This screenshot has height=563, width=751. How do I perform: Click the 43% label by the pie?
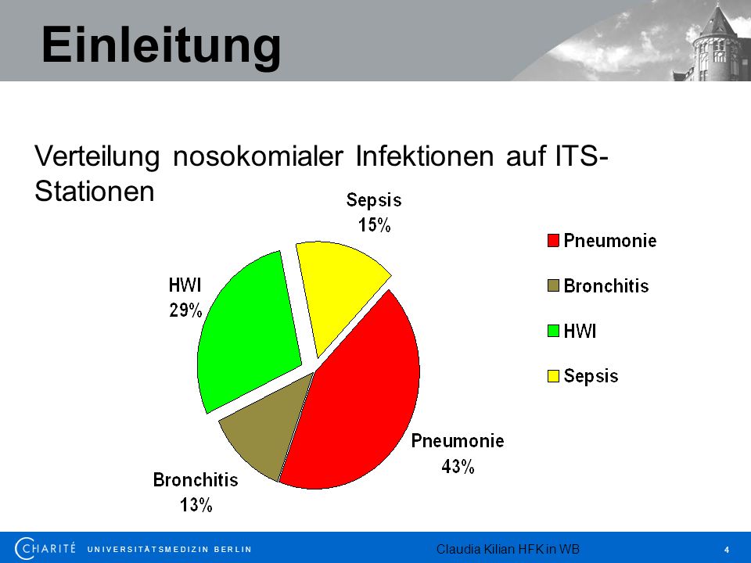click(x=458, y=466)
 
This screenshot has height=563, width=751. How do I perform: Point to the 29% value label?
click(x=186, y=310)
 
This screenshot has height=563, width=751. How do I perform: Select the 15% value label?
click(x=375, y=224)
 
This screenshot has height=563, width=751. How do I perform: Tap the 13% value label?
click(x=196, y=504)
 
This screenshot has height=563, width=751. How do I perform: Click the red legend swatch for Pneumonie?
click(x=553, y=240)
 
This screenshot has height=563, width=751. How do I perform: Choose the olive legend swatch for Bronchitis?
click(x=553, y=286)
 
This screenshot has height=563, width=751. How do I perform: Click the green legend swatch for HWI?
click(x=553, y=331)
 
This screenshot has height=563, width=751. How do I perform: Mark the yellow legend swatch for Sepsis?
click(x=553, y=376)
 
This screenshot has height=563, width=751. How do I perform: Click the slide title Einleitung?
click(x=161, y=46)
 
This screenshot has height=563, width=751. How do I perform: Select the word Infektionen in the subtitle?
click(x=424, y=156)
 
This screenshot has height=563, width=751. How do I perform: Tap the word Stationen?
click(x=95, y=192)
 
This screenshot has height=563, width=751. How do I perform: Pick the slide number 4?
click(x=727, y=550)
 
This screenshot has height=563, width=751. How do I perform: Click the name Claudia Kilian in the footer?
click(x=469, y=549)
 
